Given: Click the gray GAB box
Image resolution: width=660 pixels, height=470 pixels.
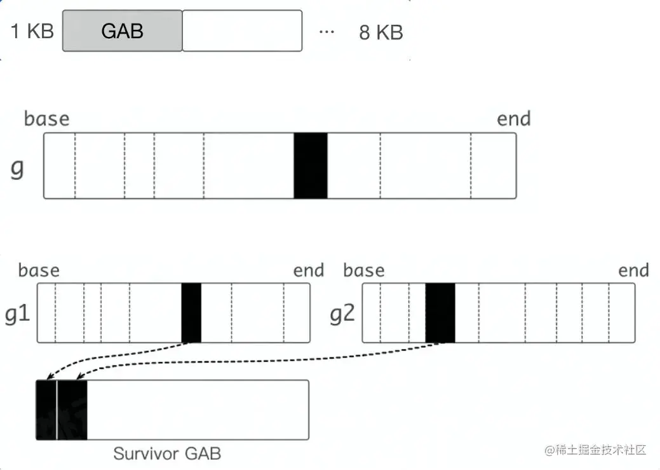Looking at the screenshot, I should pyautogui.click(x=122, y=31).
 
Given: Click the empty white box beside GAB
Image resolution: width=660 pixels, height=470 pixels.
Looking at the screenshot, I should pyautogui.click(x=242, y=31).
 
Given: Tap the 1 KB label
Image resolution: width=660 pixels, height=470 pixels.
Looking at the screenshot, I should pyautogui.click(x=32, y=31).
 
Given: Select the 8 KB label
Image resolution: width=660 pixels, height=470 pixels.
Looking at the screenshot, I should pyautogui.click(x=381, y=32).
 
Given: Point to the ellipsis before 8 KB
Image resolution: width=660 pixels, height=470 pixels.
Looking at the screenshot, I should pyautogui.click(x=327, y=31).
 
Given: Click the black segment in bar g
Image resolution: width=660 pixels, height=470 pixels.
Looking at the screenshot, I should pyautogui.click(x=311, y=166).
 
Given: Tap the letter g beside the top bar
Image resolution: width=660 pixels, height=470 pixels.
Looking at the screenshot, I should pyautogui.click(x=17, y=170).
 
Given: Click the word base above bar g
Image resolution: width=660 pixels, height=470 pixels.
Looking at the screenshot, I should pyautogui.click(x=46, y=119).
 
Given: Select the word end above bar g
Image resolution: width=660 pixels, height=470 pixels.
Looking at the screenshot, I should pyautogui.click(x=514, y=118).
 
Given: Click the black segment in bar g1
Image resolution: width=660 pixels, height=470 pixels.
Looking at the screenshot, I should pyautogui.click(x=191, y=313).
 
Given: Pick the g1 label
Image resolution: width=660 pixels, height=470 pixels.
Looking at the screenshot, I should pyautogui.click(x=17, y=314).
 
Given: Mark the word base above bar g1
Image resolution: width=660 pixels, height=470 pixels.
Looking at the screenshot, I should pyautogui.click(x=39, y=270).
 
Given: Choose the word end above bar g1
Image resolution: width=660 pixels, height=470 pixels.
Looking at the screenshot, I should pyautogui.click(x=309, y=270).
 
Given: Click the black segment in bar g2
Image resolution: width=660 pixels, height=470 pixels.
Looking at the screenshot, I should pyautogui.click(x=440, y=313).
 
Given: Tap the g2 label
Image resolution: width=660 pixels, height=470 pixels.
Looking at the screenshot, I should pyautogui.click(x=342, y=314).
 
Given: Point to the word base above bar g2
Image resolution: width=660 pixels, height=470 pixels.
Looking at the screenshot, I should pyautogui.click(x=364, y=270).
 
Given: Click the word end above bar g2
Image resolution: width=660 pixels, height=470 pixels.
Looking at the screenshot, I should pyautogui.click(x=633, y=270).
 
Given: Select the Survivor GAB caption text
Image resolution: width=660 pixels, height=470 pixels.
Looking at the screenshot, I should pyautogui.click(x=167, y=453).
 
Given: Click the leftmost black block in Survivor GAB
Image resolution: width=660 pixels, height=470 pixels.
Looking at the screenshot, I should pyautogui.click(x=46, y=410).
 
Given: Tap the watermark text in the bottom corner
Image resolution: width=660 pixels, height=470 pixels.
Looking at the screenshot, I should pyautogui.click(x=595, y=450).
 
